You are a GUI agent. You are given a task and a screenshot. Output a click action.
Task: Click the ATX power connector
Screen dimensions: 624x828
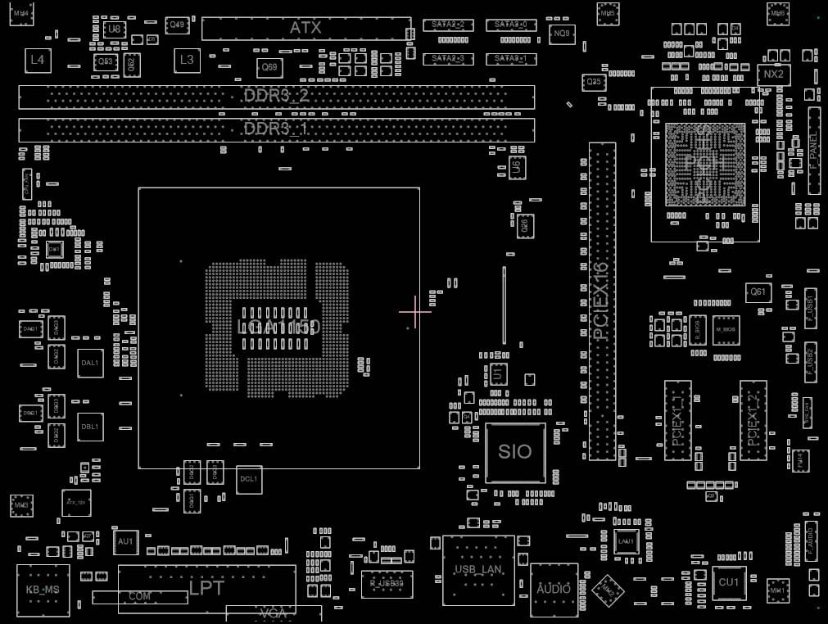(305, 28)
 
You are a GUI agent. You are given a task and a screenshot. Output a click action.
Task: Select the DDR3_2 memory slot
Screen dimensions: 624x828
(276, 97)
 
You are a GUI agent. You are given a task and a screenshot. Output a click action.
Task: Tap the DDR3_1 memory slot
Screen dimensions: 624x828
(276, 129)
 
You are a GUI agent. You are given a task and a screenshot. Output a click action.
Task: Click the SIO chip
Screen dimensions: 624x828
(514, 451)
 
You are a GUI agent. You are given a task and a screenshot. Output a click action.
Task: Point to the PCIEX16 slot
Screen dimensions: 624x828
(602, 301)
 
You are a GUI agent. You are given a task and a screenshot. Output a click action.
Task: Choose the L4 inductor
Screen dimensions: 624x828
(37, 59)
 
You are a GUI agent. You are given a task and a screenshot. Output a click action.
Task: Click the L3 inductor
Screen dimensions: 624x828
(187, 59)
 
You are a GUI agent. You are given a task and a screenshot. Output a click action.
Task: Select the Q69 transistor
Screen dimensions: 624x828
(268, 67)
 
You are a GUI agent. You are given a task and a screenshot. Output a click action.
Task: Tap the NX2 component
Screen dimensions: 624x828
(772, 75)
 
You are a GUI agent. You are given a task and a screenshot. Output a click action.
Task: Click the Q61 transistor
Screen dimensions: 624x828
(758, 292)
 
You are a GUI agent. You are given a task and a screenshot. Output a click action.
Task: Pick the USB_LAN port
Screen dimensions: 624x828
(478, 570)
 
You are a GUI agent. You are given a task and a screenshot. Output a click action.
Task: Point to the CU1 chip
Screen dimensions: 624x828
(728, 582)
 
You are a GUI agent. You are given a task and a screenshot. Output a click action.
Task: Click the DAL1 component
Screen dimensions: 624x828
(89, 362)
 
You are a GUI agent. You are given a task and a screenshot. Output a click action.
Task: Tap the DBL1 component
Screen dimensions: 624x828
(89, 426)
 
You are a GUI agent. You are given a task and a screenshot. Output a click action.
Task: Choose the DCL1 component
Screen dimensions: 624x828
(248, 479)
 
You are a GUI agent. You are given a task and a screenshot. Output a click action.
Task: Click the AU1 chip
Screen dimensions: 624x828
(125, 541)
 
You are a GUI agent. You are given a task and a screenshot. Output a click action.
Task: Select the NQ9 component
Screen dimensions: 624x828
(563, 34)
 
